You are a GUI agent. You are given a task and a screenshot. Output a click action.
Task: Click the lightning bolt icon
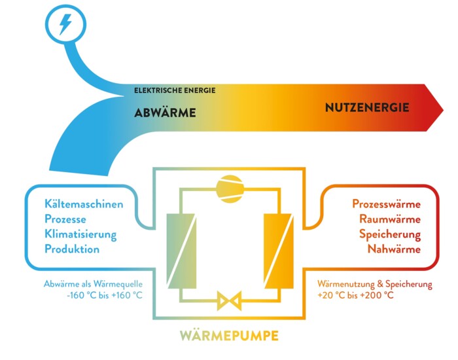click(65, 25)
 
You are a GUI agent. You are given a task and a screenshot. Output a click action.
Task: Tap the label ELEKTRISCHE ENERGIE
click(175, 90)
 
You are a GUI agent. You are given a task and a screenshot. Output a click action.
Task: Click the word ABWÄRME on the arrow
click(165, 113)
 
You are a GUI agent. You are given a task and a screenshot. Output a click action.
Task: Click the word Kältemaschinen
click(84, 204)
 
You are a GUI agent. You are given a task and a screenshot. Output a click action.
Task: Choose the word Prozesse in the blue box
click(65, 219)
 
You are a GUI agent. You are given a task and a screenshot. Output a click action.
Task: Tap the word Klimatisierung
click(80, 234)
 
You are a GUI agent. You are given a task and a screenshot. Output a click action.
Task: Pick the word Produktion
click(72, 249)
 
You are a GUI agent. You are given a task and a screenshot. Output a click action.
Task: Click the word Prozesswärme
click(386, 204)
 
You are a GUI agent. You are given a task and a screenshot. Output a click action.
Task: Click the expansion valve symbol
click(229, 300)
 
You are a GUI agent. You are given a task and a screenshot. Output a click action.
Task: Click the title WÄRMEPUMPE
click(229, 336)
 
